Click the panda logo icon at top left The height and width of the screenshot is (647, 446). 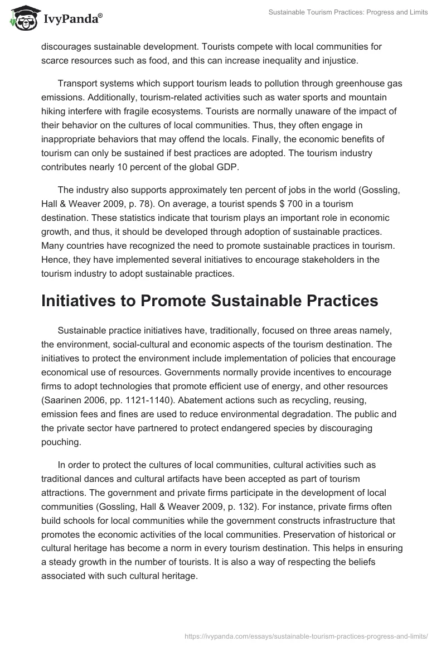click(x=22, y=19)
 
